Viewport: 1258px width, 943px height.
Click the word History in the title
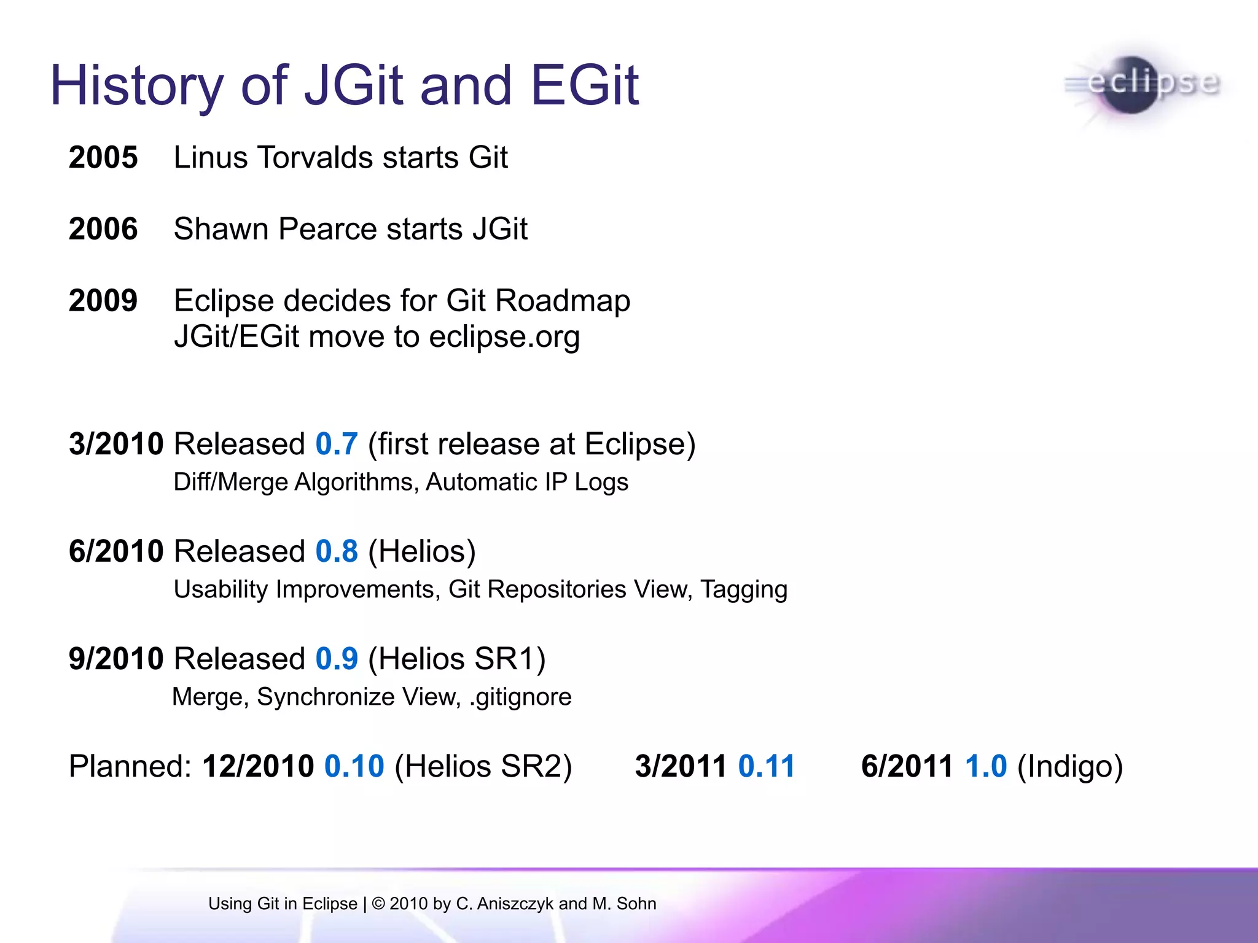click(x=136, y=86)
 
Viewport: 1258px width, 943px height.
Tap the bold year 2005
click(x=103, y=157)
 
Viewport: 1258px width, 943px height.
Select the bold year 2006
click(x=103, y=229)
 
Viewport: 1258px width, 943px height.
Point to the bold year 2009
click(x=103, y=301)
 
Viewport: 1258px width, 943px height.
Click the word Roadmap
click(x=562, y=301)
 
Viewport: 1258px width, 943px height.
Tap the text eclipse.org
click(x=504, y=337)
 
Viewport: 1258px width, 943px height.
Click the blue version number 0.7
click(x=336, y=444)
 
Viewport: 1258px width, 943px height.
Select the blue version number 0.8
click(x=336, y=551)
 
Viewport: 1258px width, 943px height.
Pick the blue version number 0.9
click(x=336, y=659)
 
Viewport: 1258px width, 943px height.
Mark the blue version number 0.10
click(x=354, y=766)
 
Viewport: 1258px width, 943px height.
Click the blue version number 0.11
click(x=766, y=766)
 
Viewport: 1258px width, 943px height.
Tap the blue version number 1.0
click(x=985, y=766)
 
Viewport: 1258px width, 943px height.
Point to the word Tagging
click(x=743, y=590)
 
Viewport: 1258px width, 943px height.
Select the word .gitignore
click(x=520, y=697)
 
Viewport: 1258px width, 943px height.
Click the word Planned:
click(x=130, y=766)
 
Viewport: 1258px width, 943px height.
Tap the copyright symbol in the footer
click(x=378, y=904)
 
